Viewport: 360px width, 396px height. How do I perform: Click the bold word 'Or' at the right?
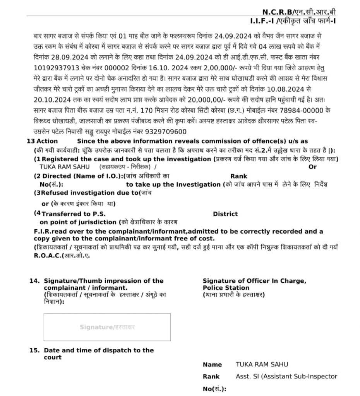click(312, 167)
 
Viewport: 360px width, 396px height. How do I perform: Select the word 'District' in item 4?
click(225, 214)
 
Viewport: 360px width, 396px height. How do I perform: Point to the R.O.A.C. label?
click(47, 256)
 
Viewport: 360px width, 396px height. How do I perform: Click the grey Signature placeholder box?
click(107, 327)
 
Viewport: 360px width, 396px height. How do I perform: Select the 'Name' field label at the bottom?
click(212, 365)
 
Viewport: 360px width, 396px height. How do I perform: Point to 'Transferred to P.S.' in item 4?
click(73, 214)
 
